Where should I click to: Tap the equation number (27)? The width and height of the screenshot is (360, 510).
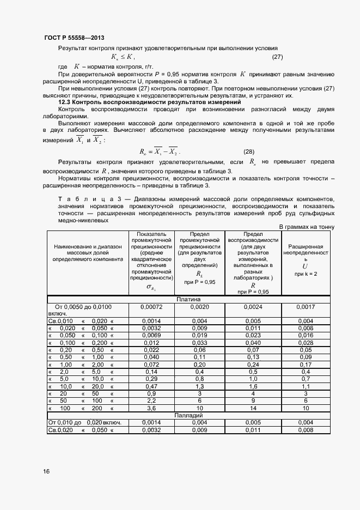[277, 57]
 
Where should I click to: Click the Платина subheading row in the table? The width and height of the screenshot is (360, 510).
[188, 299]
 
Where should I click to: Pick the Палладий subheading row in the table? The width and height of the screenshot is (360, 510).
[188, 415]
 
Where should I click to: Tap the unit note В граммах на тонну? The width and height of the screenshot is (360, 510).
[307, 227]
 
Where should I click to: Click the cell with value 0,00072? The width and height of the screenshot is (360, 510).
[150, 307]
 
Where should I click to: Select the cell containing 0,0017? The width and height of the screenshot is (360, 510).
[306, 307]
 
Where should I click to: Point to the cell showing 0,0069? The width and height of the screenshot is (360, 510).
[150, 336]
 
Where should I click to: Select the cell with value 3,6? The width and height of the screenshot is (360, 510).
[150, 408]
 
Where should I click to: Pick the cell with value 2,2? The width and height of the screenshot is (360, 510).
[150, 400]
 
